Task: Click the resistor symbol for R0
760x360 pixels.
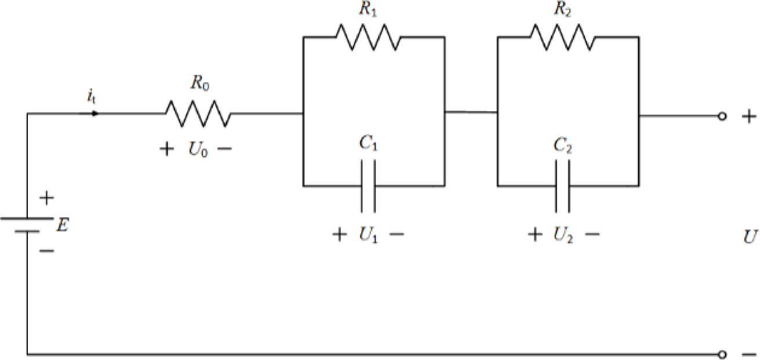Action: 198,113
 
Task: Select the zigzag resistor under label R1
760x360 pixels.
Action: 368,37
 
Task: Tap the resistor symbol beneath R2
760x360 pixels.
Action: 562,37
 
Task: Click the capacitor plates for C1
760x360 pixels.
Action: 368,186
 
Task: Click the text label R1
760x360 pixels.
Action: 368,10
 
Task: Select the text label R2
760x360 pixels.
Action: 562,10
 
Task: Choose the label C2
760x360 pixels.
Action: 562,145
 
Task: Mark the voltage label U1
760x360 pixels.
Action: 368,235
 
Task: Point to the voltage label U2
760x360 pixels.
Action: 563,235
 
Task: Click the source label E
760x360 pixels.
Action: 61,225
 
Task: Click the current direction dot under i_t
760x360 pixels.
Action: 94,114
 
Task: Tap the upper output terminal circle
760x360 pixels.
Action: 722,117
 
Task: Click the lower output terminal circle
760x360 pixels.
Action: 722,354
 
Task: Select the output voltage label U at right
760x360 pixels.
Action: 750,237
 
